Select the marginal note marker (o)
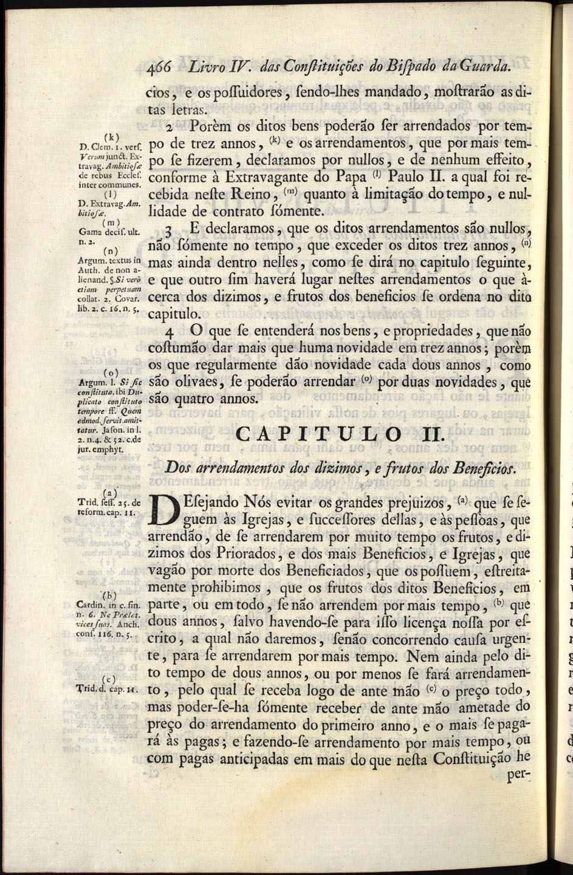[x=111, y=371]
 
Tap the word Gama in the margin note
[x=91, y=232]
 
